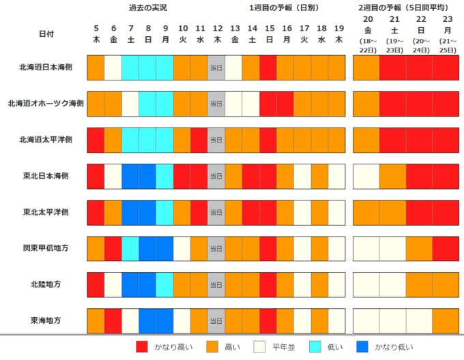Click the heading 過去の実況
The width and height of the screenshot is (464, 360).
click(x=147, y=7)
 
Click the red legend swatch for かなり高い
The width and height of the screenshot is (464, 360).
click(x=142, y=346)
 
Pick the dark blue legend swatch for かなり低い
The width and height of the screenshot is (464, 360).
click(x=364, y=346)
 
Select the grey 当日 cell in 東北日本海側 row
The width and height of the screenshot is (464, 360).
click(x=216, y=175)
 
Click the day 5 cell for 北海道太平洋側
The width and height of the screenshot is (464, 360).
click(x=96, y=139)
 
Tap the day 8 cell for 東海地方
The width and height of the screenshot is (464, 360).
click(x=147, y=320)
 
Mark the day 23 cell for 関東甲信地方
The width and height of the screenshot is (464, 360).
click(x=446, y=247)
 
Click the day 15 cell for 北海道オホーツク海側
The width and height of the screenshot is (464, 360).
click(x=268, y=103)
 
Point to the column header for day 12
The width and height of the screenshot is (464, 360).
click(x=217, y=33)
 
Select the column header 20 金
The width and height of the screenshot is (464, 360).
click(x=367, y=26)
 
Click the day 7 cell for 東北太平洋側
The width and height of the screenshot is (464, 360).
click(x=130, y=211)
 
